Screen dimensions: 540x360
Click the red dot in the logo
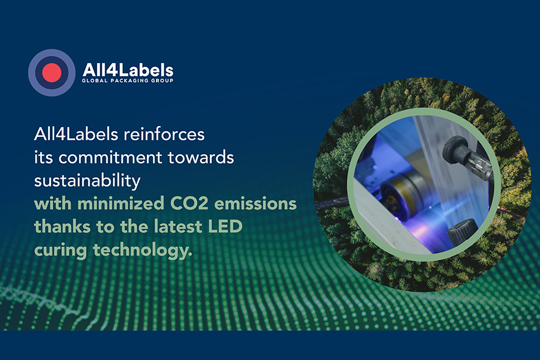tap(52, 73)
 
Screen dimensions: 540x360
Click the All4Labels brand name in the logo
tap(128, 70)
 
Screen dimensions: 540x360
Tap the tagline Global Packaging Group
tap(127, 80)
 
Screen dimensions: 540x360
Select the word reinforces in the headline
tap(164, 134)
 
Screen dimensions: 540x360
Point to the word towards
tap(201, 157)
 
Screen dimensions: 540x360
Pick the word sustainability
tap(87, 181)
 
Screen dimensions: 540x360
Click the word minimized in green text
tap(121, 203)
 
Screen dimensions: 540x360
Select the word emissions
tap(256, 203)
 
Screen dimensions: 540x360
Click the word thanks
tap(62, 227)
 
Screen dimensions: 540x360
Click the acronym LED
tap(226, 227)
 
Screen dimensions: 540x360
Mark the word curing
tap(61, 250)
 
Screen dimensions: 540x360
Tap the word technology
tap(143, 250)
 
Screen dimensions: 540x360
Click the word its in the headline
tap(43, 157)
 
